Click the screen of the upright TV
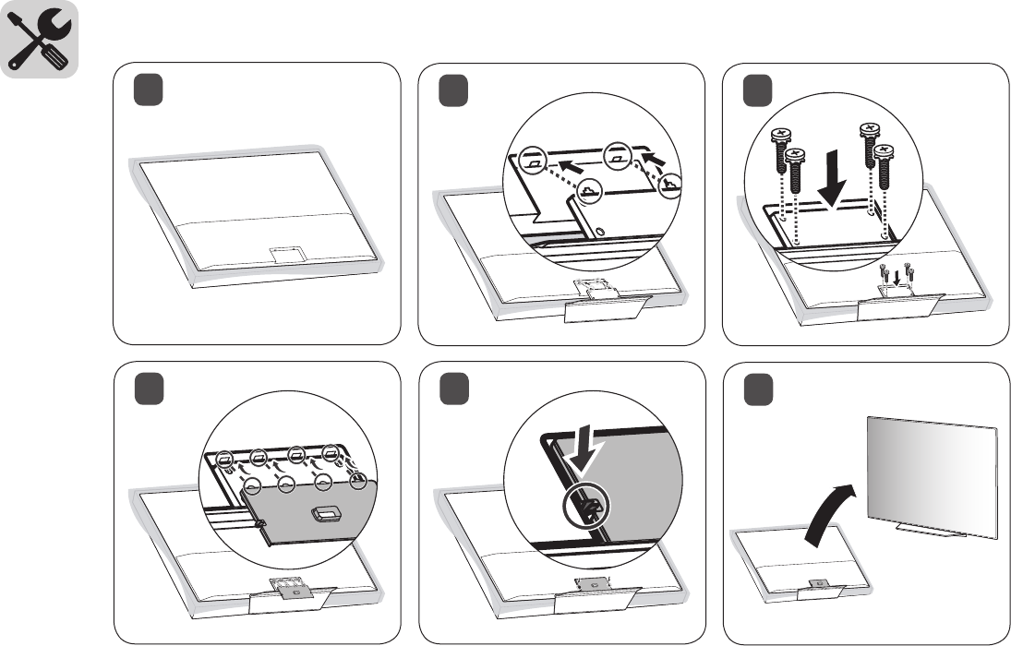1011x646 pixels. pyautogui.click(x=933, y=474)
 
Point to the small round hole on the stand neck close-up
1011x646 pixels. pyautogui.click(x=601, y=230)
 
